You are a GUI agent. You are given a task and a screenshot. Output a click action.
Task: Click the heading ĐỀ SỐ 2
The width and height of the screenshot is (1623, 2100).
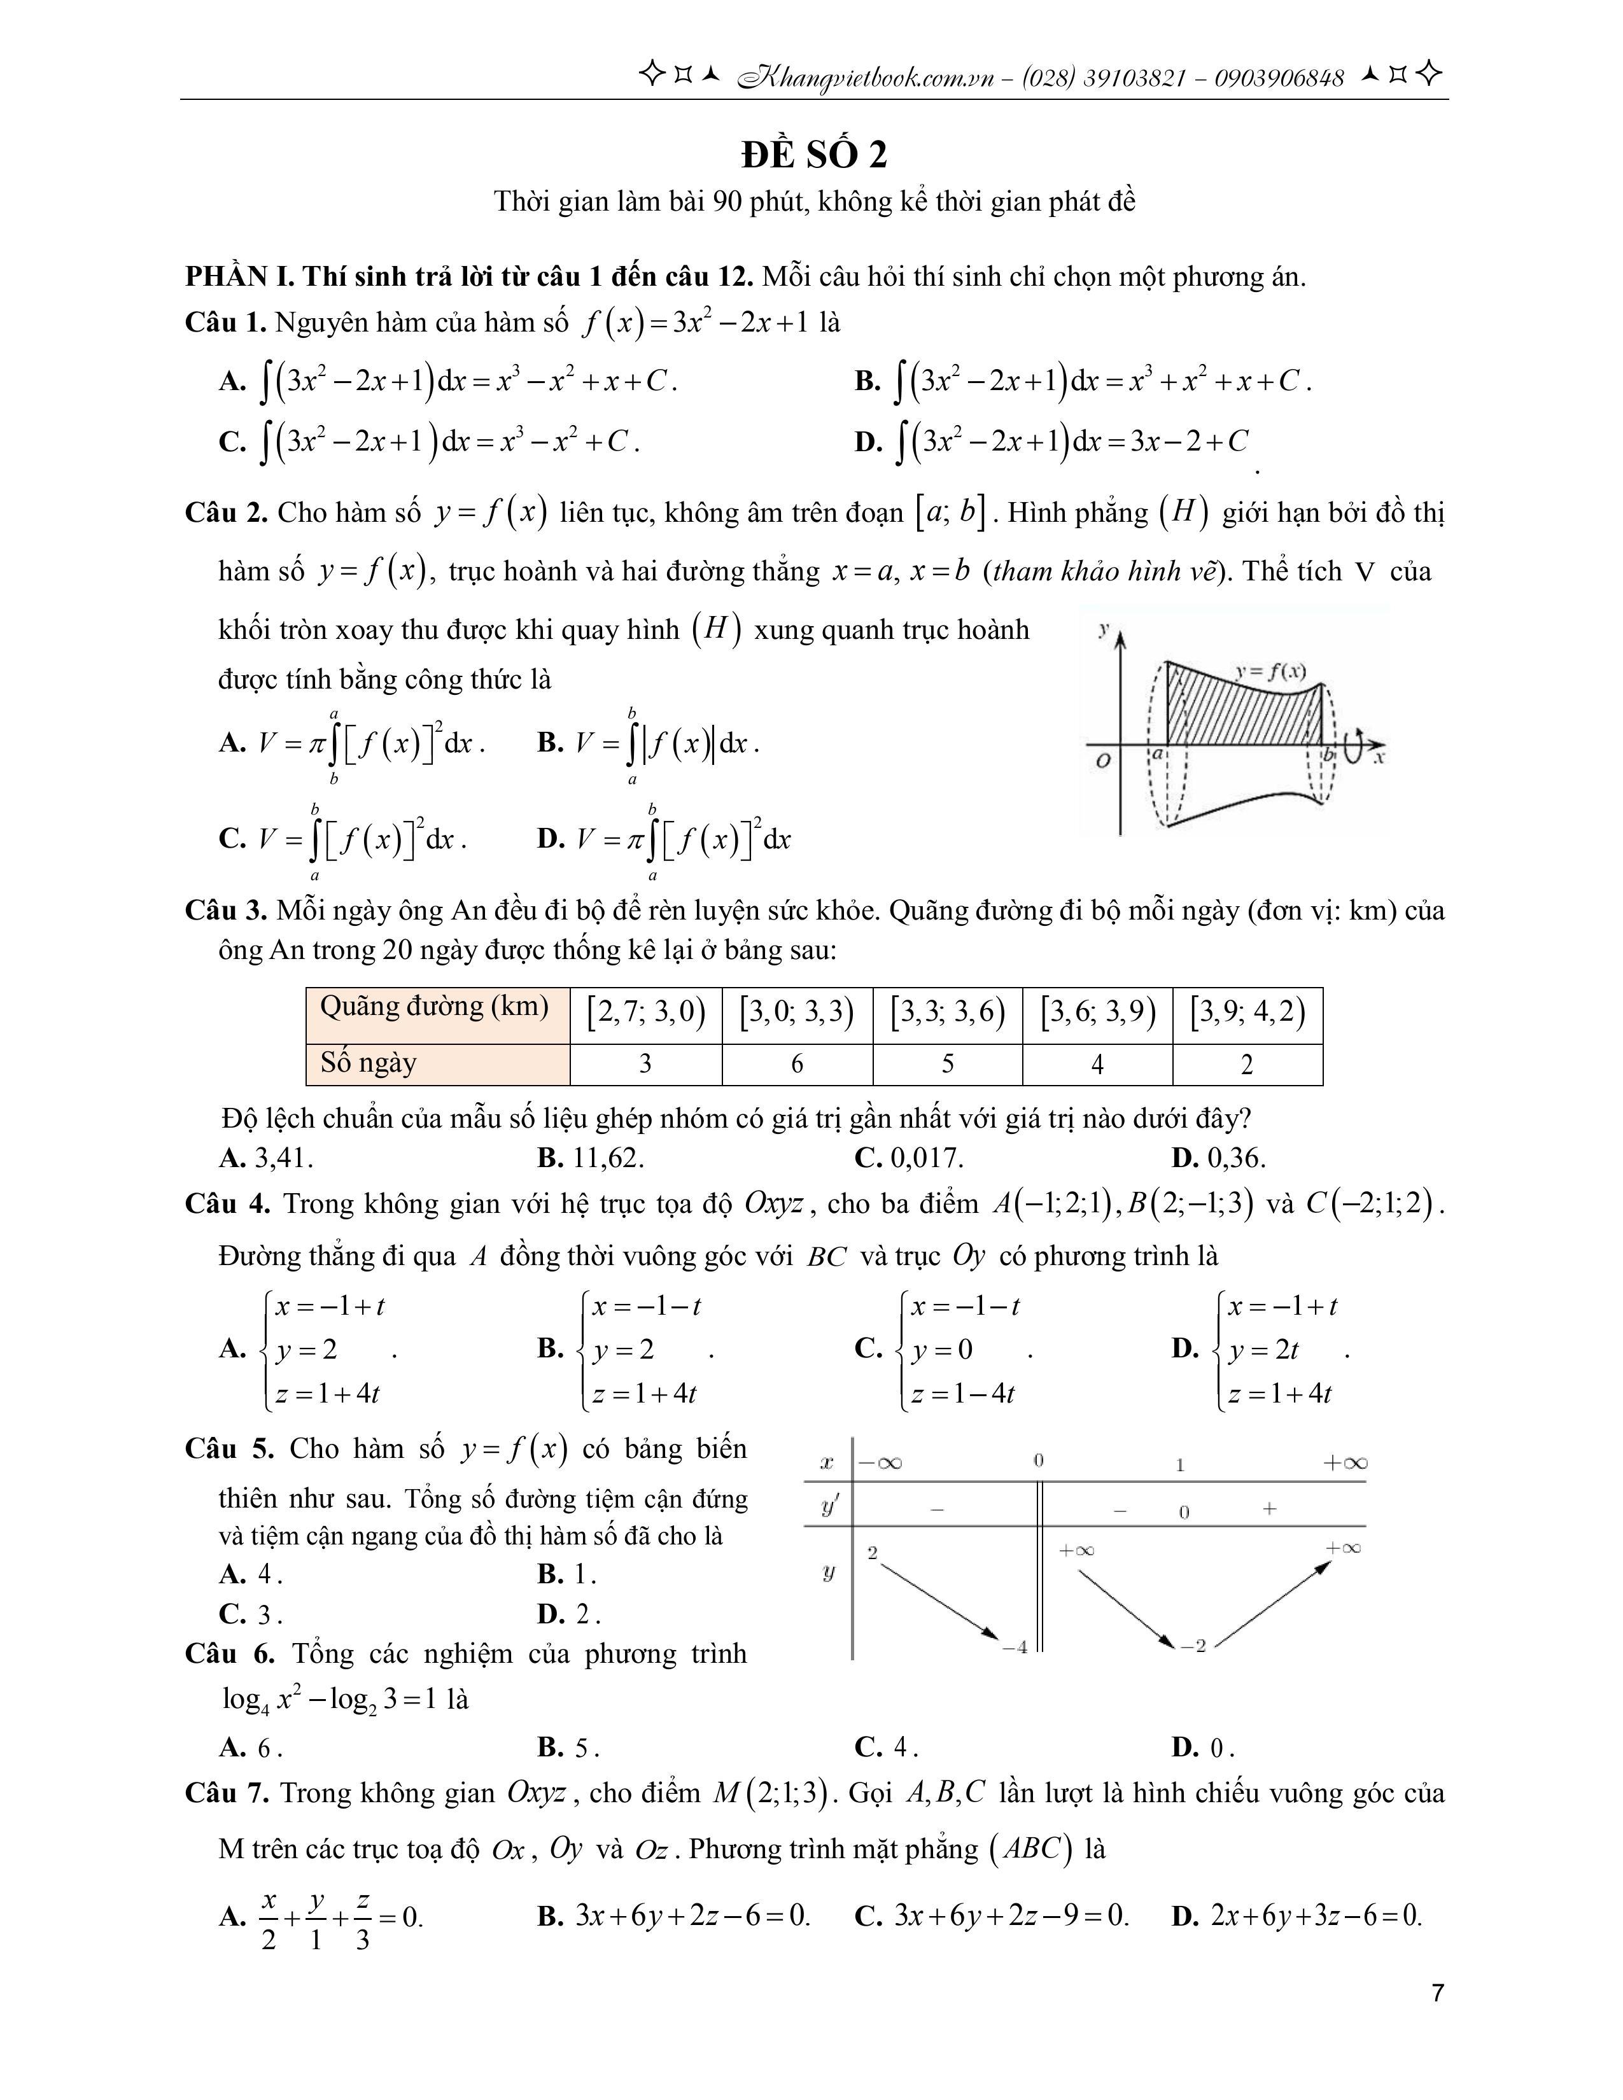[813, 154]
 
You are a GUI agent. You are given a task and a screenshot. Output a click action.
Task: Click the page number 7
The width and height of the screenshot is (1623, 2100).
[1437, 1993]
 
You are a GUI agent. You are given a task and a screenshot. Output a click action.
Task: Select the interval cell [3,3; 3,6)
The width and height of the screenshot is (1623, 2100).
[947, 1012]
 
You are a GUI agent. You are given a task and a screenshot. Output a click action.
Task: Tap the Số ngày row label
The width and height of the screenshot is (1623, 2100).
[369, 1063]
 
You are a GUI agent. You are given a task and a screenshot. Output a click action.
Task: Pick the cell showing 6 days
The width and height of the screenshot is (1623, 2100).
[796, 1063]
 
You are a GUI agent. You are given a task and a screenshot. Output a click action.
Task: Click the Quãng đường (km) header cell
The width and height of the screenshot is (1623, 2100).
[435, 1007]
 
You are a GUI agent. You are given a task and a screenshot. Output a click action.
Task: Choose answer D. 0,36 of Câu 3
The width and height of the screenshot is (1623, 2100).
[1218, 1158]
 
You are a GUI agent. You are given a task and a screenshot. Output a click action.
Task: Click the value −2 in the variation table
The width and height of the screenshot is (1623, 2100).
[1193, 1646]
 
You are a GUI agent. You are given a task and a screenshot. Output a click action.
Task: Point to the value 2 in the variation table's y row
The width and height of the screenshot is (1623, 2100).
[872, 1553]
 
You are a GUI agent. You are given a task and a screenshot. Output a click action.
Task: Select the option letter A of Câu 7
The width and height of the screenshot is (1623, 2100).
[231, 1916]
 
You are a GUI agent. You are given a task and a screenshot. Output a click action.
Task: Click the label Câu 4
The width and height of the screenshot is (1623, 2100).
[228, 1204]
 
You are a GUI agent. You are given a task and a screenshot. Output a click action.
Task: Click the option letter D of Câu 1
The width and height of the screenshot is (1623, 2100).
[868, 442]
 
